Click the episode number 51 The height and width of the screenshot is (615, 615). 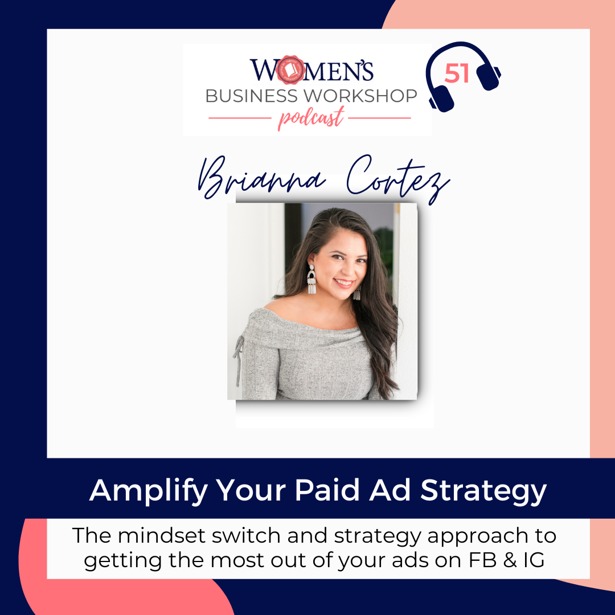click(x=457, y=73)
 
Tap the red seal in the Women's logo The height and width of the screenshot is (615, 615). click(x=290, y=70)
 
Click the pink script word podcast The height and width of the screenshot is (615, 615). click(x=311, y=118)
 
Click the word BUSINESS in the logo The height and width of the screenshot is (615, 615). click(x=252, y=96)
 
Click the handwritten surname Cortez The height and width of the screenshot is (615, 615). click(x=397, y=178)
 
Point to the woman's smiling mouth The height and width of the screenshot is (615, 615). click(x=343, y=282)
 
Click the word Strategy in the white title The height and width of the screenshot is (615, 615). click(x=483, y=491)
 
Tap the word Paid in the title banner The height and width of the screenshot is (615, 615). click(x=327, y=490)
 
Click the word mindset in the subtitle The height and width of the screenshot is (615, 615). click(x=162, y=536)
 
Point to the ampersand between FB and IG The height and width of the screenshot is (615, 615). click(x=510, y=560)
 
